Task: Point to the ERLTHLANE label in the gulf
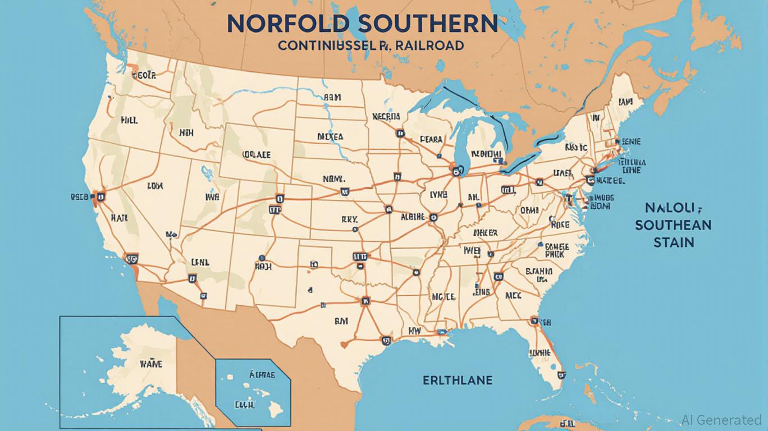(457, 380)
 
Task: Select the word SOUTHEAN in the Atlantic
(673, 225)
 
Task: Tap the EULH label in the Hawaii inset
(245, 404)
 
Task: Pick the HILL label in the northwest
(129, 120)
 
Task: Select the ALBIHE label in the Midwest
(413, 217)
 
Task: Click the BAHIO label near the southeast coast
(540, 271)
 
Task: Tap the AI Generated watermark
(721, 419)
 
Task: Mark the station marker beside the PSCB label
(101, 196)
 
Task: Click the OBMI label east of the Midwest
(529, 209)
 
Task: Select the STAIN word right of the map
(673, 242)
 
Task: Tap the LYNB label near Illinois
(438, 194)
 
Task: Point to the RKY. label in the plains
(349, 221)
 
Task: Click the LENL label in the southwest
(200, 262)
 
